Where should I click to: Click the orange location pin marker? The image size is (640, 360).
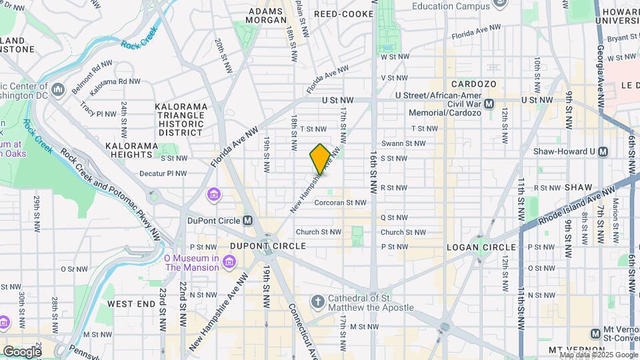click(320, 159)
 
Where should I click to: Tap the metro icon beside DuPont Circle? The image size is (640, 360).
click(247, 221)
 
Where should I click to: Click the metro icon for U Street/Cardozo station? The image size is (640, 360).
click(489, 103)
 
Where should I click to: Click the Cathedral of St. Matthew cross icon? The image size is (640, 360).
click(317, 303)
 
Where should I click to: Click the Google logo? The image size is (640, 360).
click(22, 351)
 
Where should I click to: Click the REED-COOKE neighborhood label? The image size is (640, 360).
click(343, 13)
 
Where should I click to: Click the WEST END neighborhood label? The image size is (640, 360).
click(131, 303)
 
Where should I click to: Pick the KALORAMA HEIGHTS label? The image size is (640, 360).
click(132, 150)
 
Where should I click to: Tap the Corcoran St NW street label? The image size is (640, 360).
click(340, 203)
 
